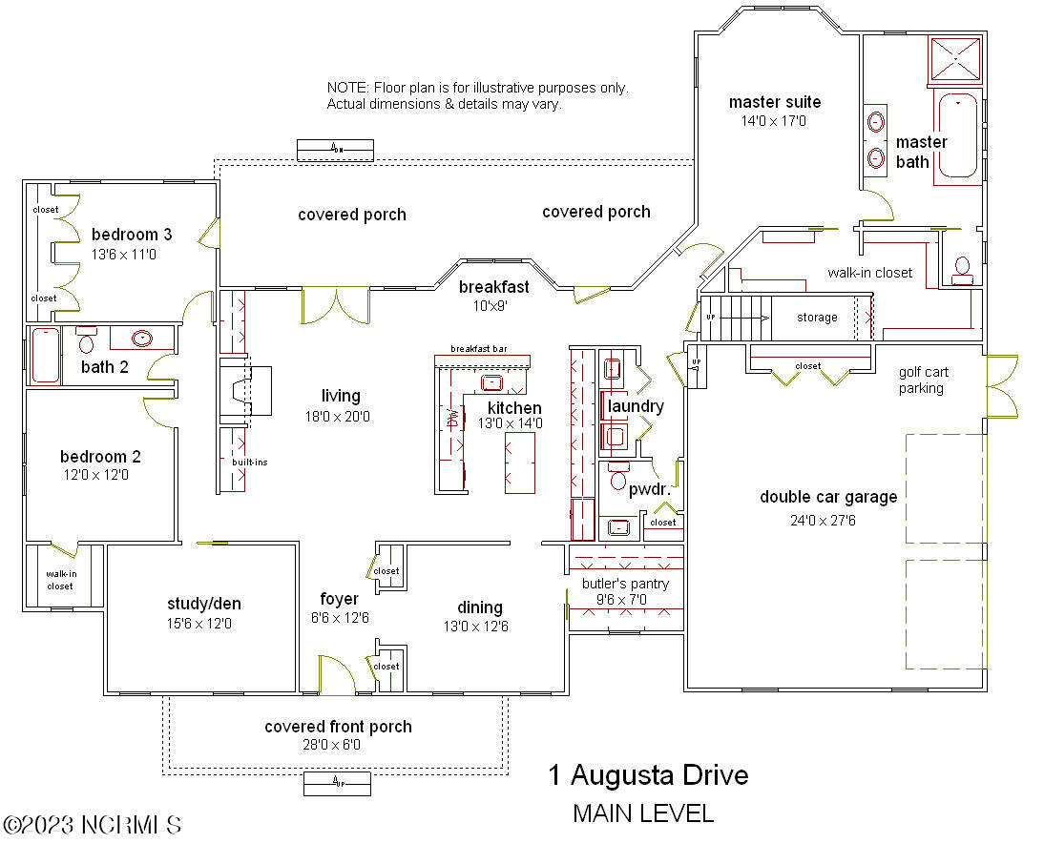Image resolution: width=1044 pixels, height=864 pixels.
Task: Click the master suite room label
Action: click(x=774, y=102)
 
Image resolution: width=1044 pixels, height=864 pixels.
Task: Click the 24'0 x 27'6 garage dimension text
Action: click(x=828, y=521)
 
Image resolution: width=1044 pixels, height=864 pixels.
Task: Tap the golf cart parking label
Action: click(x=921, y=381)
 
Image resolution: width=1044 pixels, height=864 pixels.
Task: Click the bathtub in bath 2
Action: click(x=45, y=355)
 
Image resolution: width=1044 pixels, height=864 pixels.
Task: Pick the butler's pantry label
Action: click(x=625, y=584)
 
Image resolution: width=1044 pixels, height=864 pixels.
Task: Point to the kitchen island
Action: click(x=520, y=462)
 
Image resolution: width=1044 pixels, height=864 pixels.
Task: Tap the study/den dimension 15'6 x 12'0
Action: click(x=199, y=624)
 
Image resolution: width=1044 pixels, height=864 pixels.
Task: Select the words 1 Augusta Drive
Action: click(x=648, y=775)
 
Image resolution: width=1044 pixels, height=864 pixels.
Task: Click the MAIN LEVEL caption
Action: click(x=642, y=813)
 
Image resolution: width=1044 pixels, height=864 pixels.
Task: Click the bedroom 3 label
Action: click(x=132, y=235)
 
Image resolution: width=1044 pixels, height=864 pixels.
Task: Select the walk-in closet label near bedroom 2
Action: click(x=60, y=580)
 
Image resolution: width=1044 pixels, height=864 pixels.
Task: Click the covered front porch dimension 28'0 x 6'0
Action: click(x=338, y=745)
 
